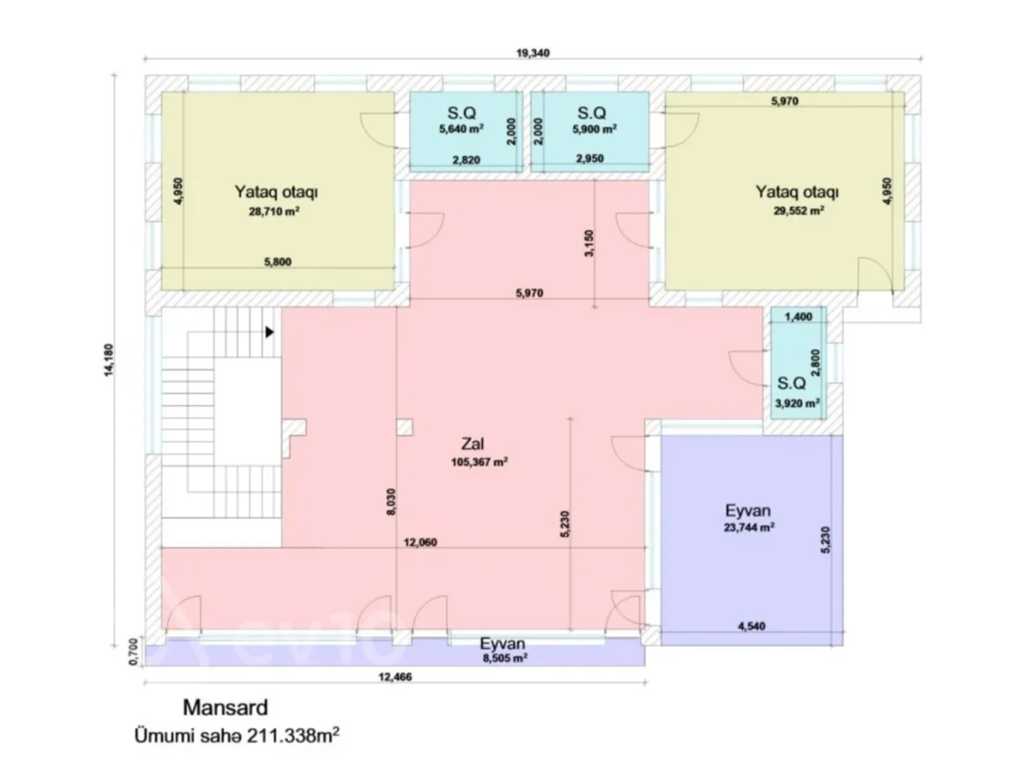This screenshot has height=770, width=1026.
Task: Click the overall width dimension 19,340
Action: pyautogui.click(x=533, y=53)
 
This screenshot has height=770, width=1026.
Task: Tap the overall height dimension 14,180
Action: pyautogui.click(x=110, y=360)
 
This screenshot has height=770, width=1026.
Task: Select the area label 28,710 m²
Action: pyautogui.click(x=274, y=211)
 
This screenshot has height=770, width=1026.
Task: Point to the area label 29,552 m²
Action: pyautogui.click(x=798, y=211)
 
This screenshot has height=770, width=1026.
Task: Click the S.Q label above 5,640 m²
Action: pyautogui.click(x=462, y=113)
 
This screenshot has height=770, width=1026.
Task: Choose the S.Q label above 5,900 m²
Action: pyautogui.click(x=591, y=113)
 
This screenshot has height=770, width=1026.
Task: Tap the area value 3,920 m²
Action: pyautogui.click(x=797, y=403)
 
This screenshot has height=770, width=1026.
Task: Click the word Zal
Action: pyautogui.click(x=473, y=444)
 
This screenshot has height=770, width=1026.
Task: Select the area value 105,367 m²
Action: pyautogui.click(x=479, y=462)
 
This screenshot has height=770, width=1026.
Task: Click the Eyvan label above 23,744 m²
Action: pyautogui.click(x=747, y=510)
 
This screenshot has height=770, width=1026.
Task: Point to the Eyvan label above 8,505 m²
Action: pyautogui.click(x=502, y=643)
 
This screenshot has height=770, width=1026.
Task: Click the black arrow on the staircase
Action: pyautogui.click(x=269, y=332)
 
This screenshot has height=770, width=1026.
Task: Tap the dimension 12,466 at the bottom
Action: pyautogui.click(x=395, y=677)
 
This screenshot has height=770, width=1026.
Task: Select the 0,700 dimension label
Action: pyautogui.click(x=134, y=653)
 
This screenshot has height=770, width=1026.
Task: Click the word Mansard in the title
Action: pyautogui.click(x=225, y=707)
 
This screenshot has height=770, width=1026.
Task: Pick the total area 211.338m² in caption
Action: pyautogui.click(x=293, y=736)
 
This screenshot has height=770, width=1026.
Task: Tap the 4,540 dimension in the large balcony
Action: pyautogui.click(x=751, y=626)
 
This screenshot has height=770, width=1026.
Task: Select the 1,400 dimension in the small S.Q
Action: pyautogui.click(x=798, y=317)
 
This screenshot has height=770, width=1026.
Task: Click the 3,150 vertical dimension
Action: pyautogui.click(x=589, y=244)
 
